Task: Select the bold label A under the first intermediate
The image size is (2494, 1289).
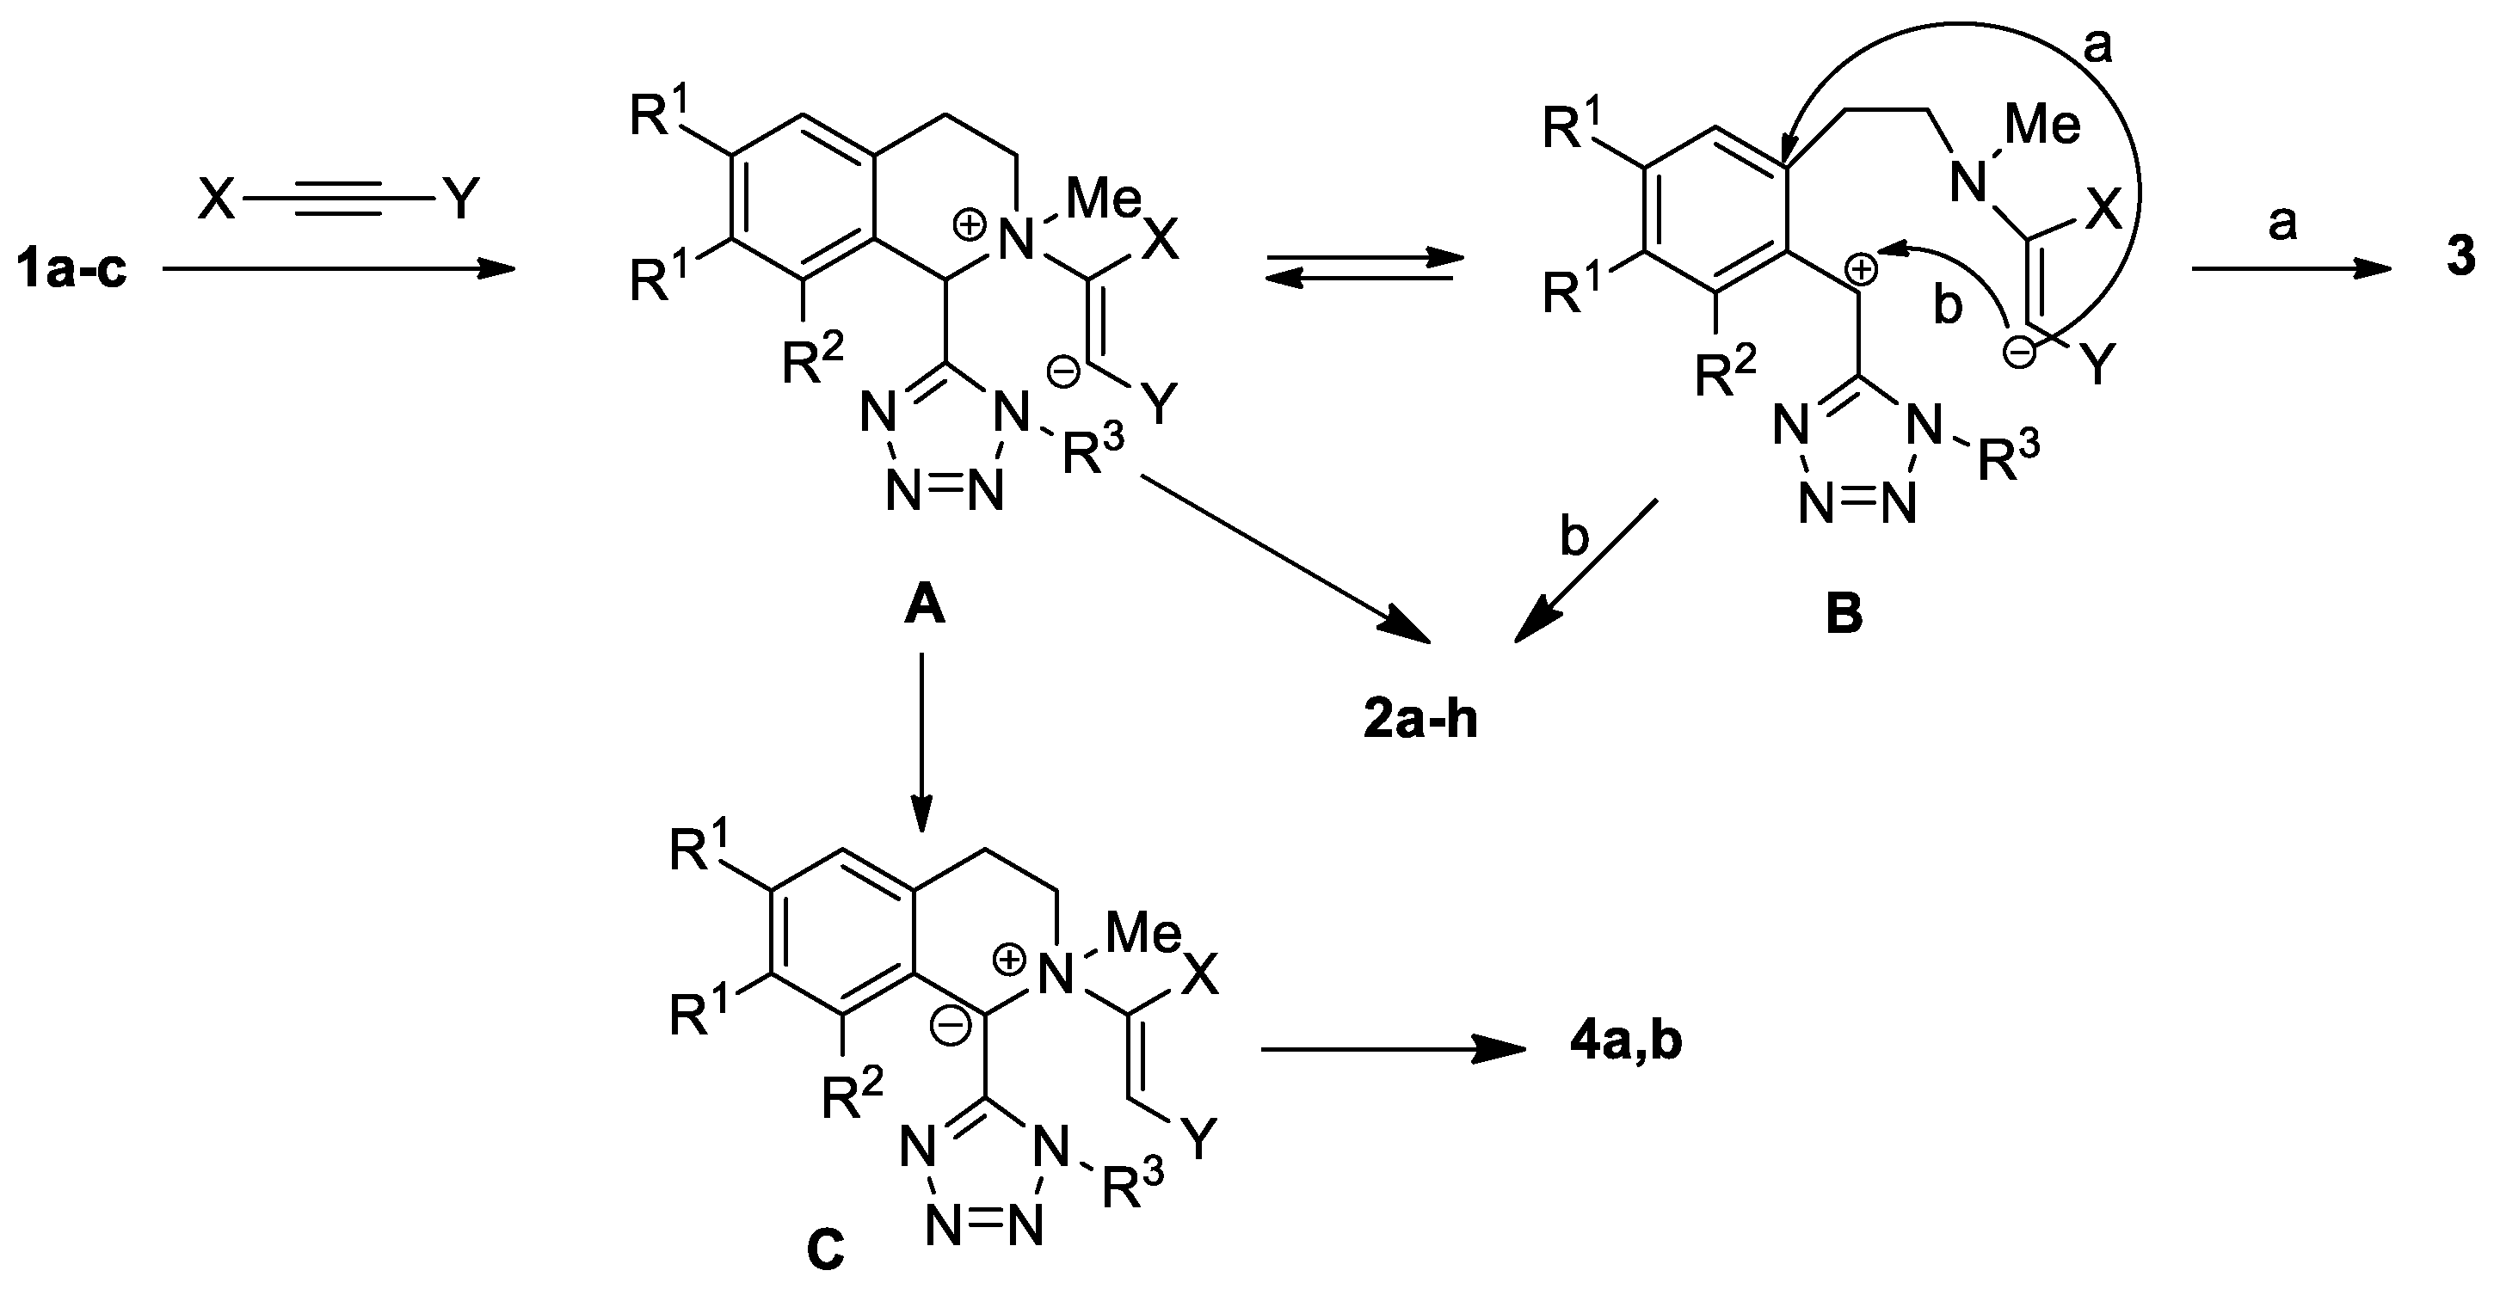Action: [x=924, y=608]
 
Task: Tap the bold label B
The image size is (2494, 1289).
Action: [x=1844, y=615]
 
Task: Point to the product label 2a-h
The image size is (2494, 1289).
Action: [x=1420, y=721]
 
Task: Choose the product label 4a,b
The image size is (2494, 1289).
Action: [x=1626, y=1043]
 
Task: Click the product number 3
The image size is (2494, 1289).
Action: [x=2460, y=257]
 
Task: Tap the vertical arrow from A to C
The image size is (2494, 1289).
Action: [x=921, y=740]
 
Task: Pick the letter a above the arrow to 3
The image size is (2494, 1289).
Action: [x=2282, y=224]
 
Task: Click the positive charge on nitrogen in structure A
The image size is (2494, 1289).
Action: [x=968, y=225]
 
